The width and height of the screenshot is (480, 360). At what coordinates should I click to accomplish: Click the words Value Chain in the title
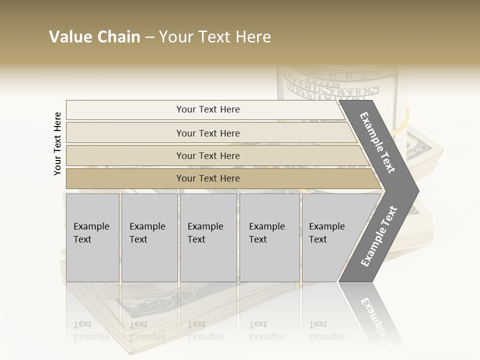point(94,37)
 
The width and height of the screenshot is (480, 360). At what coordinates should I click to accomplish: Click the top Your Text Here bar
point(207,109)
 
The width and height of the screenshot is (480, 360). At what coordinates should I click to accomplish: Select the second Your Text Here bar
point(207,133)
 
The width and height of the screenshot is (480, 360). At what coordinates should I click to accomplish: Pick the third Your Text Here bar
point(207,155)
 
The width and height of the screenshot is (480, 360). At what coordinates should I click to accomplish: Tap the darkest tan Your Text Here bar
point(207,178)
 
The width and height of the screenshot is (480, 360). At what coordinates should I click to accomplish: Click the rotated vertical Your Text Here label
point(57,143)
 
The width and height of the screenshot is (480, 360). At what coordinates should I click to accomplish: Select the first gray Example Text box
point(92,237)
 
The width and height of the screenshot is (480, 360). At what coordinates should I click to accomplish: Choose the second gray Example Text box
point(149,237)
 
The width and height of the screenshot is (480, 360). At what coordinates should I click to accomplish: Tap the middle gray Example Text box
point(208,237)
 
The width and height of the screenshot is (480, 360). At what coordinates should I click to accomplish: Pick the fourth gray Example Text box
point(269,237)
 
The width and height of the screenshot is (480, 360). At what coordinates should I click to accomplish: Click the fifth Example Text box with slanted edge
point(330,237)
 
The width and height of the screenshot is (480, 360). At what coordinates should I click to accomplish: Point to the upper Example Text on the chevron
point(378,142)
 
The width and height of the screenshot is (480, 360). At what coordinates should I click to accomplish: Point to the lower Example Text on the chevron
point(379,236)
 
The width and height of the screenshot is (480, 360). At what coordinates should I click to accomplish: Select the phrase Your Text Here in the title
point(215,37)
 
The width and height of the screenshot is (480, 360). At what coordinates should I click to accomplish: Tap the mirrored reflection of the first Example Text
point(91,330)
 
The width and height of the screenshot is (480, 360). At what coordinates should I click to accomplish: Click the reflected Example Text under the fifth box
point(327,330)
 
